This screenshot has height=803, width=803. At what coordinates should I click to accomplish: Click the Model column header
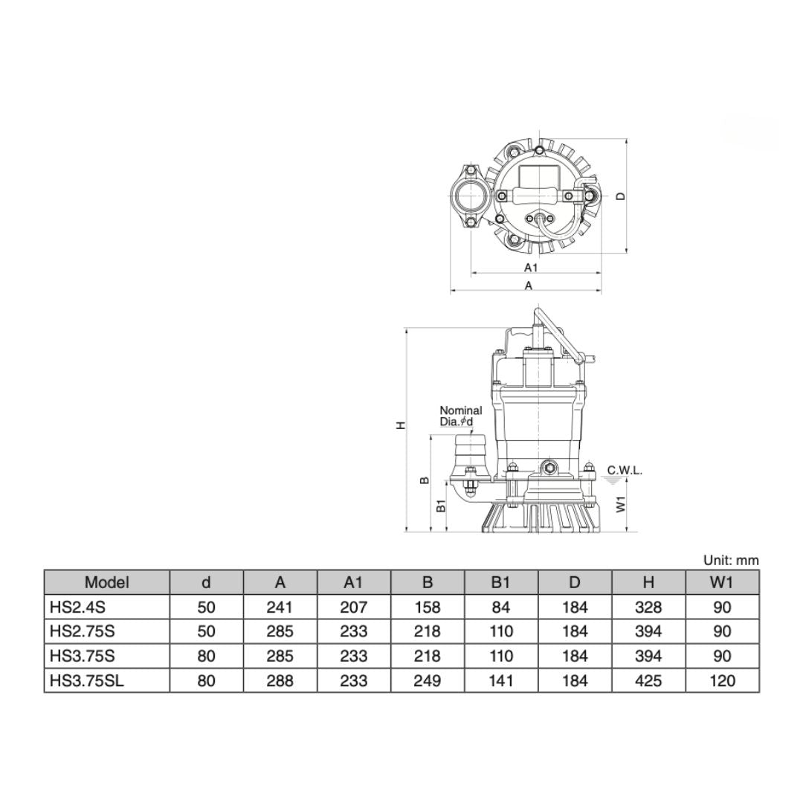(x=106, y=582)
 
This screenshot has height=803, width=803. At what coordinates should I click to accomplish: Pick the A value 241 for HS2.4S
(x=280, y=607)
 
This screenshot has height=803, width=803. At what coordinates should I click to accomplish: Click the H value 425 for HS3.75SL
(x=648, y=680)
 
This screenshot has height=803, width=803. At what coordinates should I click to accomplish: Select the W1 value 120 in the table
(x=721, y=680)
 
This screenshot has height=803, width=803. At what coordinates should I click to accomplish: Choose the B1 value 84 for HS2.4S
(x=501, y=607)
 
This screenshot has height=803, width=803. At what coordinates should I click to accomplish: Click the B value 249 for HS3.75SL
(x=427, y=680)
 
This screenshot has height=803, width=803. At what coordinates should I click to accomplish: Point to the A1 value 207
(x=353, y=607)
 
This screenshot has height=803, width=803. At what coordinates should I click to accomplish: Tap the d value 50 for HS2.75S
(x=207, y=631)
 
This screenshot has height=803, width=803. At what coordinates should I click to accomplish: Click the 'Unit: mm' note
(x=731, y=561)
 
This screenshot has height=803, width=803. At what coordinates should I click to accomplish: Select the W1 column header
(x=721, y=582)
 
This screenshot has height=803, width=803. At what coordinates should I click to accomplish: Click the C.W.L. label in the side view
(x=625, y=470)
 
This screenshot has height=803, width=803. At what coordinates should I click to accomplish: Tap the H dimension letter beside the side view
(x=401, y=425)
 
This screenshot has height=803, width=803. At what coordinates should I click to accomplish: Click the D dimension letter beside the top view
(x=621, y=196)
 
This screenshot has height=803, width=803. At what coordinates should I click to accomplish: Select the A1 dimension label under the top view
(x=531, y=267)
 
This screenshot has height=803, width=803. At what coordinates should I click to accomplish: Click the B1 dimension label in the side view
(x=441, y=506)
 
